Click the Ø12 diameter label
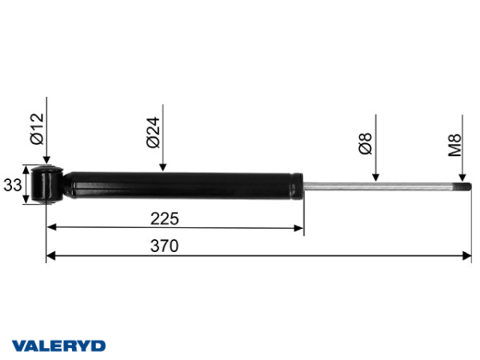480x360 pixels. point(38,129)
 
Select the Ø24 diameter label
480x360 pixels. point(153,132)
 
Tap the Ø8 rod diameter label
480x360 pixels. point(365,143)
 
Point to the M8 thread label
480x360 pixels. point(454,145)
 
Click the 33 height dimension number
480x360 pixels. point(13,186)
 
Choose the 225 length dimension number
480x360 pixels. point(164,218)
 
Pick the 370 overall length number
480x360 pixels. point(164,246)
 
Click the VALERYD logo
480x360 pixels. point(58,346)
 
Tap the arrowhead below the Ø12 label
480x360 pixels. point(46,160)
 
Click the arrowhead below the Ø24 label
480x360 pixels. point(163,167)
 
